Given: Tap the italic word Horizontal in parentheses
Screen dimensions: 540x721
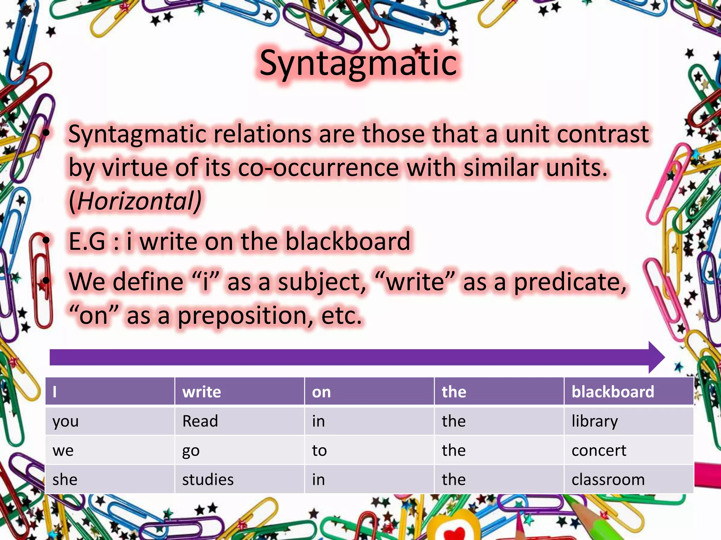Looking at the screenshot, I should click(135, 201).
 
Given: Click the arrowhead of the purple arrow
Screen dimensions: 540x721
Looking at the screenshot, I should click(656, 357).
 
